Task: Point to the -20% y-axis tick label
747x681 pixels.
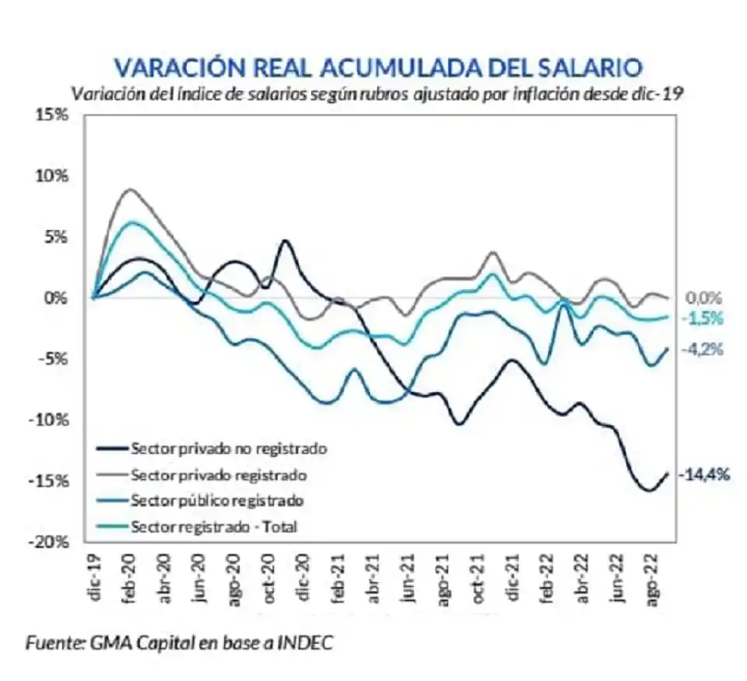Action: point(51,542)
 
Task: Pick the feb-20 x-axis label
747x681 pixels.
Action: point(130,574)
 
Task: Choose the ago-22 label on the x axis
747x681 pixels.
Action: point(654,576)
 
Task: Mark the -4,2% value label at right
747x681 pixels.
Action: point(703,350)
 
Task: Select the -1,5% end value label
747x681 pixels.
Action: point(703,318)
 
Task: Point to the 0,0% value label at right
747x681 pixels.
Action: point(703,298)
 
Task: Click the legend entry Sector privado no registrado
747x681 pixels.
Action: point(229,449)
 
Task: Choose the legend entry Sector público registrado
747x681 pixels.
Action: point(217,500)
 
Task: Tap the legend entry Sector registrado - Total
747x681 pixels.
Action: point(215,526)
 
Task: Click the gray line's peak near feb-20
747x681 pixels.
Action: point(130,189)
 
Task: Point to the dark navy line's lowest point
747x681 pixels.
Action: point(647,491)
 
